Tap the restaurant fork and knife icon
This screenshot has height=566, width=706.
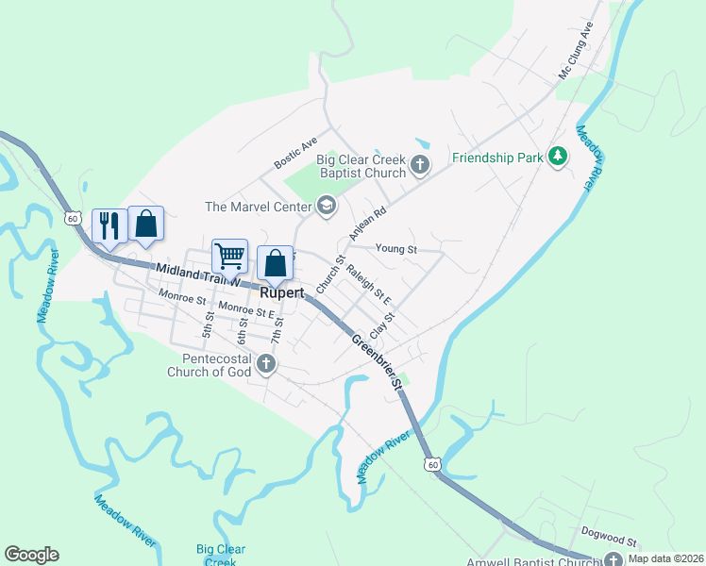[109, 225]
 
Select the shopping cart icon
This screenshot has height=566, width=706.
[230, 256]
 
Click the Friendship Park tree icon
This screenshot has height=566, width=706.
[558, 157]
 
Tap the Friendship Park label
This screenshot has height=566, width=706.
[497, 158]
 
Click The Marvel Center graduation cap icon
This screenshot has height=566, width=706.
[327, 207]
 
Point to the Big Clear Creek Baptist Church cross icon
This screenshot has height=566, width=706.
[420, 167]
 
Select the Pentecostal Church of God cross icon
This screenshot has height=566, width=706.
[266, 363]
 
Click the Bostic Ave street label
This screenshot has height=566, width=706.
[295, 153]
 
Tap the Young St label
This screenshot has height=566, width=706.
[395, 249]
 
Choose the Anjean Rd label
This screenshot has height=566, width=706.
[368, 223]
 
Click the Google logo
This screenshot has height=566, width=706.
[31, 555]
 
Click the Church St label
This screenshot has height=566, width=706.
[330, 273]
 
